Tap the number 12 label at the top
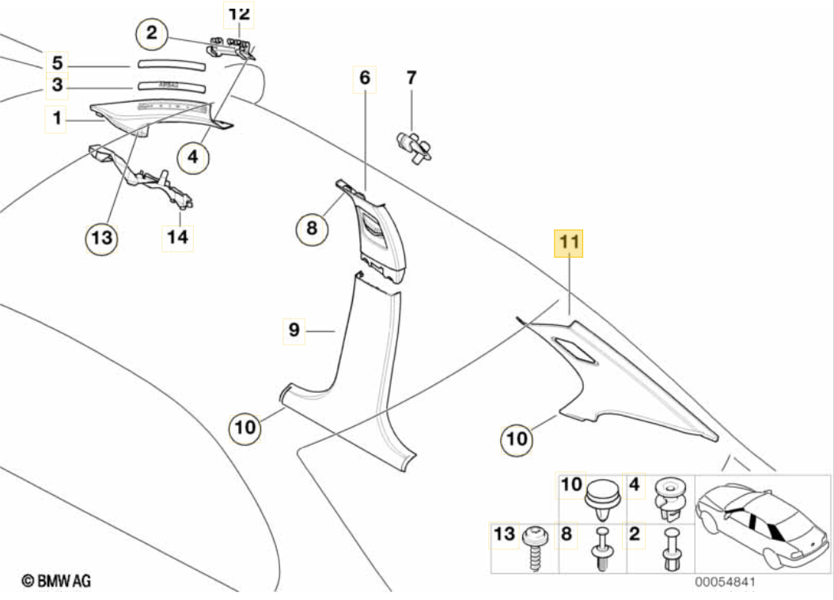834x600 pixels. click(x=238, y=13)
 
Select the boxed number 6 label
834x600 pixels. click(x=364, y=78)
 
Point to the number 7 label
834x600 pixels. click(x=411, y=78)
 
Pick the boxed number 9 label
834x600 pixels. click(x=294, y=330)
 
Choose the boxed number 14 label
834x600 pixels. click(x=179, y=236)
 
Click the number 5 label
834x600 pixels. click(x=57, y=62)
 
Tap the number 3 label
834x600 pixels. click(x=57, y=84)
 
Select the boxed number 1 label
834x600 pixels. click(x=56, y=119)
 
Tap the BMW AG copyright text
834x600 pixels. click(x=56, y=581)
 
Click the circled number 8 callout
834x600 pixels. click(x=312, y=229)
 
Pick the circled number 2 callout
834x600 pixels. click(x=151, y=33)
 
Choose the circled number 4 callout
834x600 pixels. click(x=192, y=157)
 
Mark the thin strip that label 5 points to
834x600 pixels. click(x=171, y=64)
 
